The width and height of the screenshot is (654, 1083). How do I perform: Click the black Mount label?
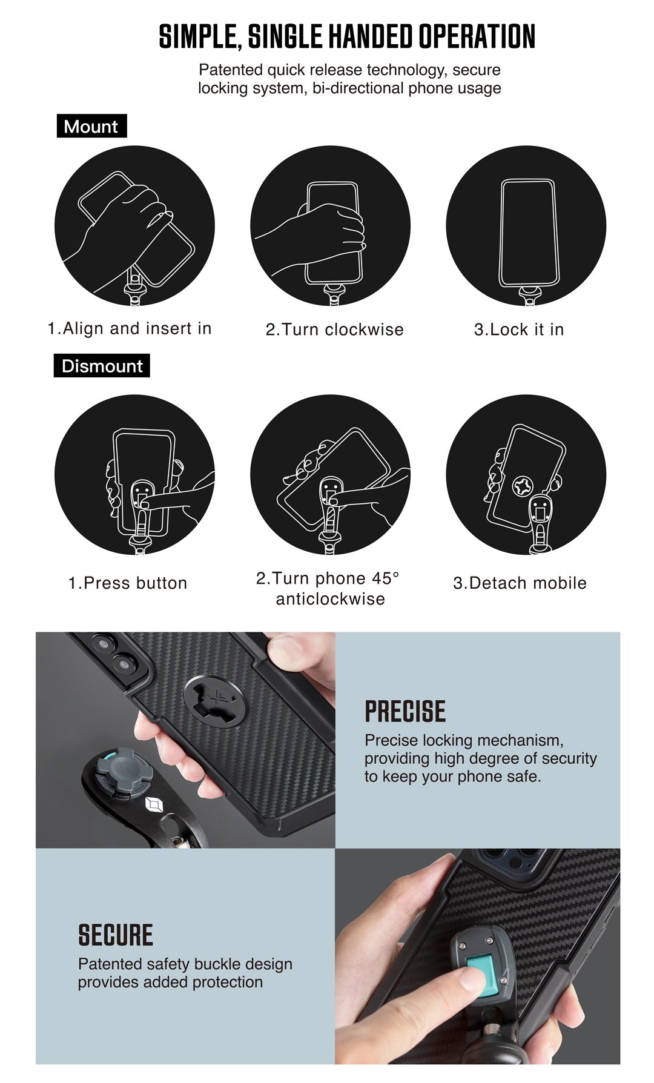pos(91,126)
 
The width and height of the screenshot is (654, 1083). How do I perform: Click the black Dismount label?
pos(102,366)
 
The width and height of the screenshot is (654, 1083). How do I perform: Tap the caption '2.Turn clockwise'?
pos(334,330)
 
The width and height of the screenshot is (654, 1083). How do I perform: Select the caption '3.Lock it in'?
pos(519,330)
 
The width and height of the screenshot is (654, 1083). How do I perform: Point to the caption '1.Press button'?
pos(128,583)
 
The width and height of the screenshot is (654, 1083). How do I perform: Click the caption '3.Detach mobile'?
pos(520,583)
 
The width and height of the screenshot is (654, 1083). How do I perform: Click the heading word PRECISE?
pos(405,712)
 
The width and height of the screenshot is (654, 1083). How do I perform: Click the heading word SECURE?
pos(116,935)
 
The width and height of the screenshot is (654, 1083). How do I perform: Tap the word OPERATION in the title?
pos(477,36)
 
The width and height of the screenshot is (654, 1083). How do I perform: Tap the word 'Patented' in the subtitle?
pos(231,70)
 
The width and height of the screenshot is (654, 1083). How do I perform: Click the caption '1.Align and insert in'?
pos(130,328)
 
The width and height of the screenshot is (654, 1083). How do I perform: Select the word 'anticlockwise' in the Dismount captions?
pos(330,599)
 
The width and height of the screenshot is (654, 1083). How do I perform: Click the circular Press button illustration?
pos(134,474)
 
